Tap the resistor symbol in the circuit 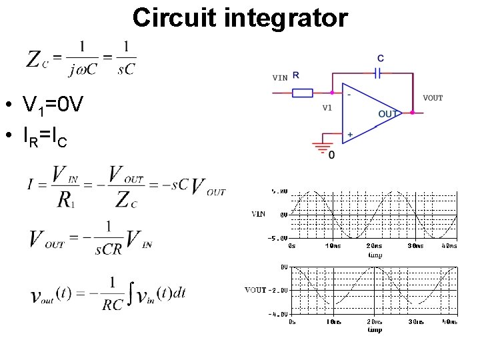(x=303, y=93)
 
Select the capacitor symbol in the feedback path (x=379, y=73)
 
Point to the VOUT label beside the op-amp (x=432, y=98)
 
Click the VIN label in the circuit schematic (x=280, y=77)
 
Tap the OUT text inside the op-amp (x=388, y=114)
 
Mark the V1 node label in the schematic (x=327, y=106)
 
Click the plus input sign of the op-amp (x=350, y=135)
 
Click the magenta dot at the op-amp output (x=412, y=113)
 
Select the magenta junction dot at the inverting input (x=331, y=93)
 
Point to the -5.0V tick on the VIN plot (x=279, y=238)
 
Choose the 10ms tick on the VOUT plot (x=333, y=322)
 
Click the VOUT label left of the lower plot (x=255, y=290)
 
